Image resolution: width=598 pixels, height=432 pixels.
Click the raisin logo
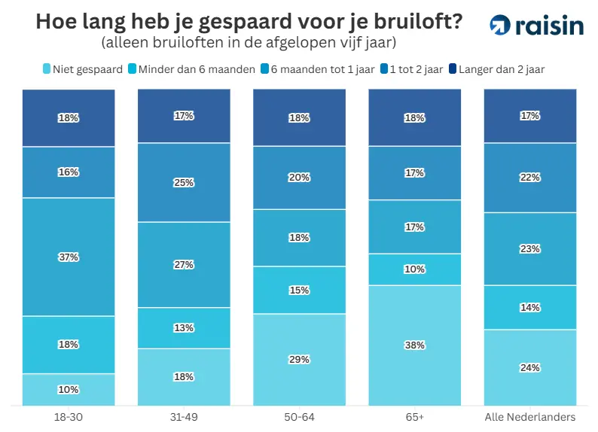[x=536, y=25]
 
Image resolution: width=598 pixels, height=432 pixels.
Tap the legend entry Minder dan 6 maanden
[x=193, y=69]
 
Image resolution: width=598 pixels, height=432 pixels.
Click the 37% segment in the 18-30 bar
[x=69, y=257]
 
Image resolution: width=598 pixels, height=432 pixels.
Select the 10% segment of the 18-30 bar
[x=69, y=389]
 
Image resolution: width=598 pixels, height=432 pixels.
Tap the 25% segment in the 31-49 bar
[x=184, y=182]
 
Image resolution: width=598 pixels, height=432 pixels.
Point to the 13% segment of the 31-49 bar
[x=184, y=327]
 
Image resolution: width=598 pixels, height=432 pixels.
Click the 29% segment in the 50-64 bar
[x=299, y=359]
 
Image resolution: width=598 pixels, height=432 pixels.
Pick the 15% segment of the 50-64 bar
[x=299, y=290]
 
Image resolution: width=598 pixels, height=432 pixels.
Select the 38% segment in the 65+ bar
[x=415, y=345]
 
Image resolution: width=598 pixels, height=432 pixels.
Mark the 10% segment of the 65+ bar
[x=415, y=269]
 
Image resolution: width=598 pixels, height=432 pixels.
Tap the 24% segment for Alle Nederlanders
[x=530, y=367]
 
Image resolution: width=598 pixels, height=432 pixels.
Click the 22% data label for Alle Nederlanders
[x=530, y=177]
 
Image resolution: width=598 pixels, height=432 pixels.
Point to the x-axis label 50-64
[x=299, y=416]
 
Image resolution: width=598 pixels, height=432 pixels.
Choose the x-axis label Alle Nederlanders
[x=530, y=416]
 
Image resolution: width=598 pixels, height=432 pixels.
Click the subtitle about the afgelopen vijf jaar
[x=249, y=42]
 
